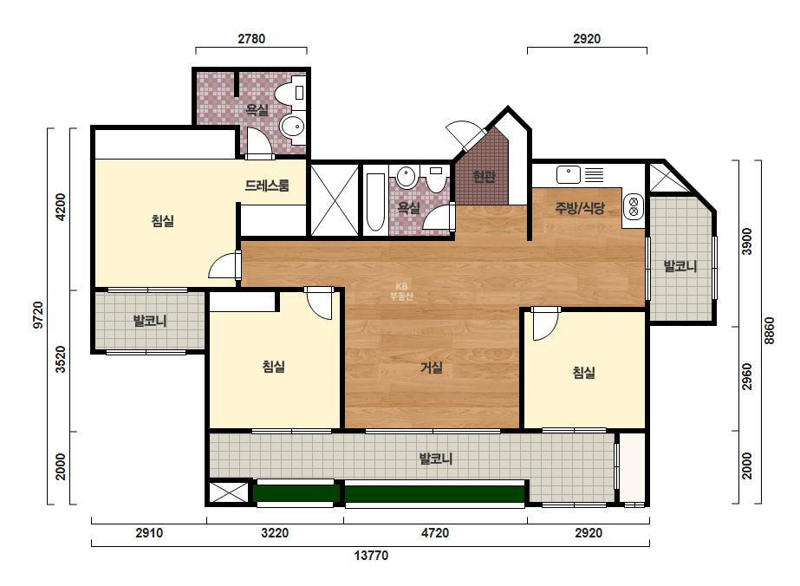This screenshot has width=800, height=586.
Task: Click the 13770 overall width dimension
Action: coord(371,556)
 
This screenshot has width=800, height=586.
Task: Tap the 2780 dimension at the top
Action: coord(251,39)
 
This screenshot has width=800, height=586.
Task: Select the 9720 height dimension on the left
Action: coord(39,316)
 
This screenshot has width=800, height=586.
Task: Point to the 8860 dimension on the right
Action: coord(770,331)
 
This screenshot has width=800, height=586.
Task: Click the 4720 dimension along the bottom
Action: coord(435,533)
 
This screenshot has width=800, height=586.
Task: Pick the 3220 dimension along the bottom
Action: coord(275,533)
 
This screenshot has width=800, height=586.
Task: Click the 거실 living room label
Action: coord(432,368)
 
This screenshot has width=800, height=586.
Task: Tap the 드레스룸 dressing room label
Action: coord(267,186)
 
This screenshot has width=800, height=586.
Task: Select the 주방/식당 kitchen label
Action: coord(580,208)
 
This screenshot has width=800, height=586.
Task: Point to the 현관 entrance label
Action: coord(484,177)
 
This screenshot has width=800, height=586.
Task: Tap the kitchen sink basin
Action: coord(569,174)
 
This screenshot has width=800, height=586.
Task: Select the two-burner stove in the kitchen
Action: coord(634,206)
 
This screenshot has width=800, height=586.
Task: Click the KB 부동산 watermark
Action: coord(401,291)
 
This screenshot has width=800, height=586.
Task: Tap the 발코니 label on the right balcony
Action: coord(680,266)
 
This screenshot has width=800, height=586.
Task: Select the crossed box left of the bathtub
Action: coord(335,199)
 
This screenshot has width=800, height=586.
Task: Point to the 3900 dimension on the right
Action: coord(747,242)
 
